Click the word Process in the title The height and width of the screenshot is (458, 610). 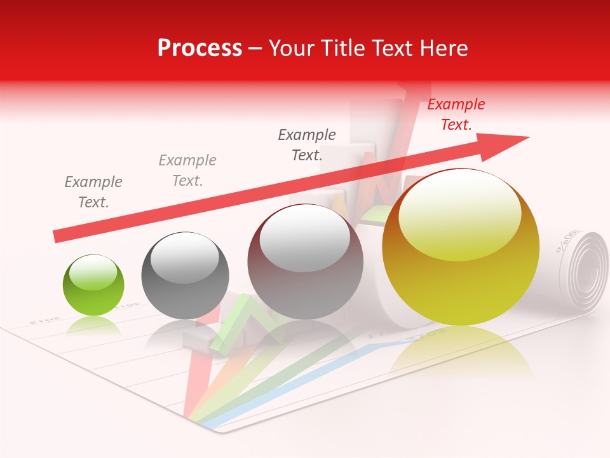tap(200, 48)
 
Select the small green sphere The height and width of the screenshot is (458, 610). tap(93, 285)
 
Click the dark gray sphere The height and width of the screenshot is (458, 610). tap(184, 275)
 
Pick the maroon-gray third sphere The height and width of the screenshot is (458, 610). tap(305, 262)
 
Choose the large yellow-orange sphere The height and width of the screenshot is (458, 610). tap(461, 248)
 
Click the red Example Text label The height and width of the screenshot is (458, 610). tap(456, 114)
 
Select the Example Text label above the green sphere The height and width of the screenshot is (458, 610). tap(93, 192)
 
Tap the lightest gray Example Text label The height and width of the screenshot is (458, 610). tap(187, 170)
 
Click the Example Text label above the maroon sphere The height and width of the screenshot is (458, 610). tap(307, 145)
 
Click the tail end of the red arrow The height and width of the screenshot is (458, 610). tap(58, 236)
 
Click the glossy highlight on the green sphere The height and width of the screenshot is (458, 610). tap(93, 272)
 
